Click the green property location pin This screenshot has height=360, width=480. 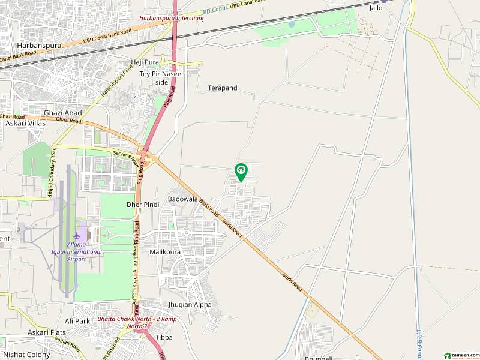tap(241, 172)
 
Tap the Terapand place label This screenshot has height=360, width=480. tap(223, 88)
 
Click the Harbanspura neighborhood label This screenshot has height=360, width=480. tap(35, 46)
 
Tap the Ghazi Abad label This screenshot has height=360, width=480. tap(62, 113)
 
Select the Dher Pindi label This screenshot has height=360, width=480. tap(143, 205)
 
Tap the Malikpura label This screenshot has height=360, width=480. tap(166, 253)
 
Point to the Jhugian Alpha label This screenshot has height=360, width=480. tap(190, 305)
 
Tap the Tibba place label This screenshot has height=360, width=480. tap(164, 337)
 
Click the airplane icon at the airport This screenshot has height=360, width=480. tap(76, 236)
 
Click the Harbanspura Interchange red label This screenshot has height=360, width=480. tap(172, 18)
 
